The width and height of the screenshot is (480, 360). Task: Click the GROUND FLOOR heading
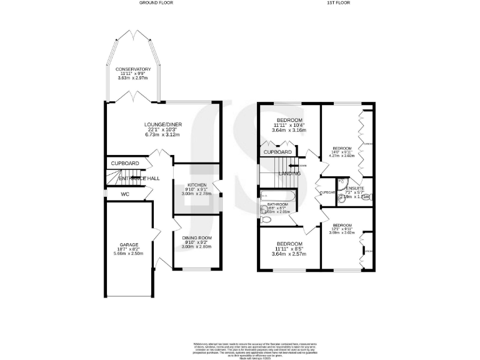[x=156, y=3]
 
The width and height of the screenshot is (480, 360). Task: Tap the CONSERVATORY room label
[x=133, y=69]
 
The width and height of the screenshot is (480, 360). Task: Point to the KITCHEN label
[x=197, y=185]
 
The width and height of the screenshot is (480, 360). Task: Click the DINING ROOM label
[x=197, y=238]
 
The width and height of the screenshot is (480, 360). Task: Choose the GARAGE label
[x=129, y=244]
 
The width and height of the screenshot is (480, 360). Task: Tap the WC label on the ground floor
[x=124, y=194]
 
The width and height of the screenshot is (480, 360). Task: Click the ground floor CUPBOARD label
[x=124, y=163]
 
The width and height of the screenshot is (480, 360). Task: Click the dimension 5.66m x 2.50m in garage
[x=129, y=253]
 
